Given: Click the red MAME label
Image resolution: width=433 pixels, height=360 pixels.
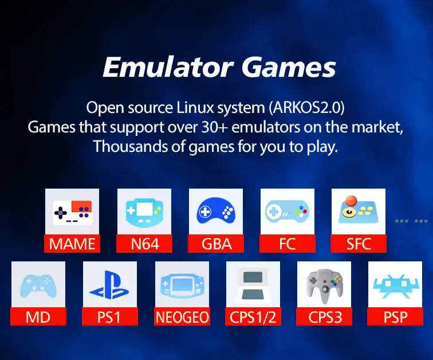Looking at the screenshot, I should [72, 244].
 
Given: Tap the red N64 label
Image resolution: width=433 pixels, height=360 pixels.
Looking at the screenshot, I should [144, 244].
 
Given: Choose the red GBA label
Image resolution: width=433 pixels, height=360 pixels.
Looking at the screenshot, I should [216, 244].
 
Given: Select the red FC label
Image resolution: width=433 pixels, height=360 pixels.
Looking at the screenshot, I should [288, 244].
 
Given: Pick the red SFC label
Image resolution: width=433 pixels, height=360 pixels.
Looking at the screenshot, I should [359, 244].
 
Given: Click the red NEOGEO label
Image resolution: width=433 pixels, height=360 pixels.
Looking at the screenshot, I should [182, 316].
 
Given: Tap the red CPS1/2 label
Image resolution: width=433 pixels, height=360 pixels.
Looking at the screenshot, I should [253, 316].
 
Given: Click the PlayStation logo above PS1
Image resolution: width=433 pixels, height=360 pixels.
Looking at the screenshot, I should [109, 285].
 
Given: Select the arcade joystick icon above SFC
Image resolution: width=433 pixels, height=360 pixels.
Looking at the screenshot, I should [359, 211].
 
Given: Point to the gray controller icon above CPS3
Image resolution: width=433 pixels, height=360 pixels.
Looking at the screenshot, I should [324, 285].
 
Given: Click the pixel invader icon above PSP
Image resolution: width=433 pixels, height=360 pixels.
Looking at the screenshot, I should [395, 285].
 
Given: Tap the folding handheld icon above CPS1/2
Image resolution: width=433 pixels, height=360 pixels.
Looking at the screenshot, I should [253, 285].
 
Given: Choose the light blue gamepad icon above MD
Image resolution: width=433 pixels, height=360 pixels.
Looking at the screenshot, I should [38, 285].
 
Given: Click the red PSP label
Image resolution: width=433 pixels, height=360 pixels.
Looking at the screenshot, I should [395, 316].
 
